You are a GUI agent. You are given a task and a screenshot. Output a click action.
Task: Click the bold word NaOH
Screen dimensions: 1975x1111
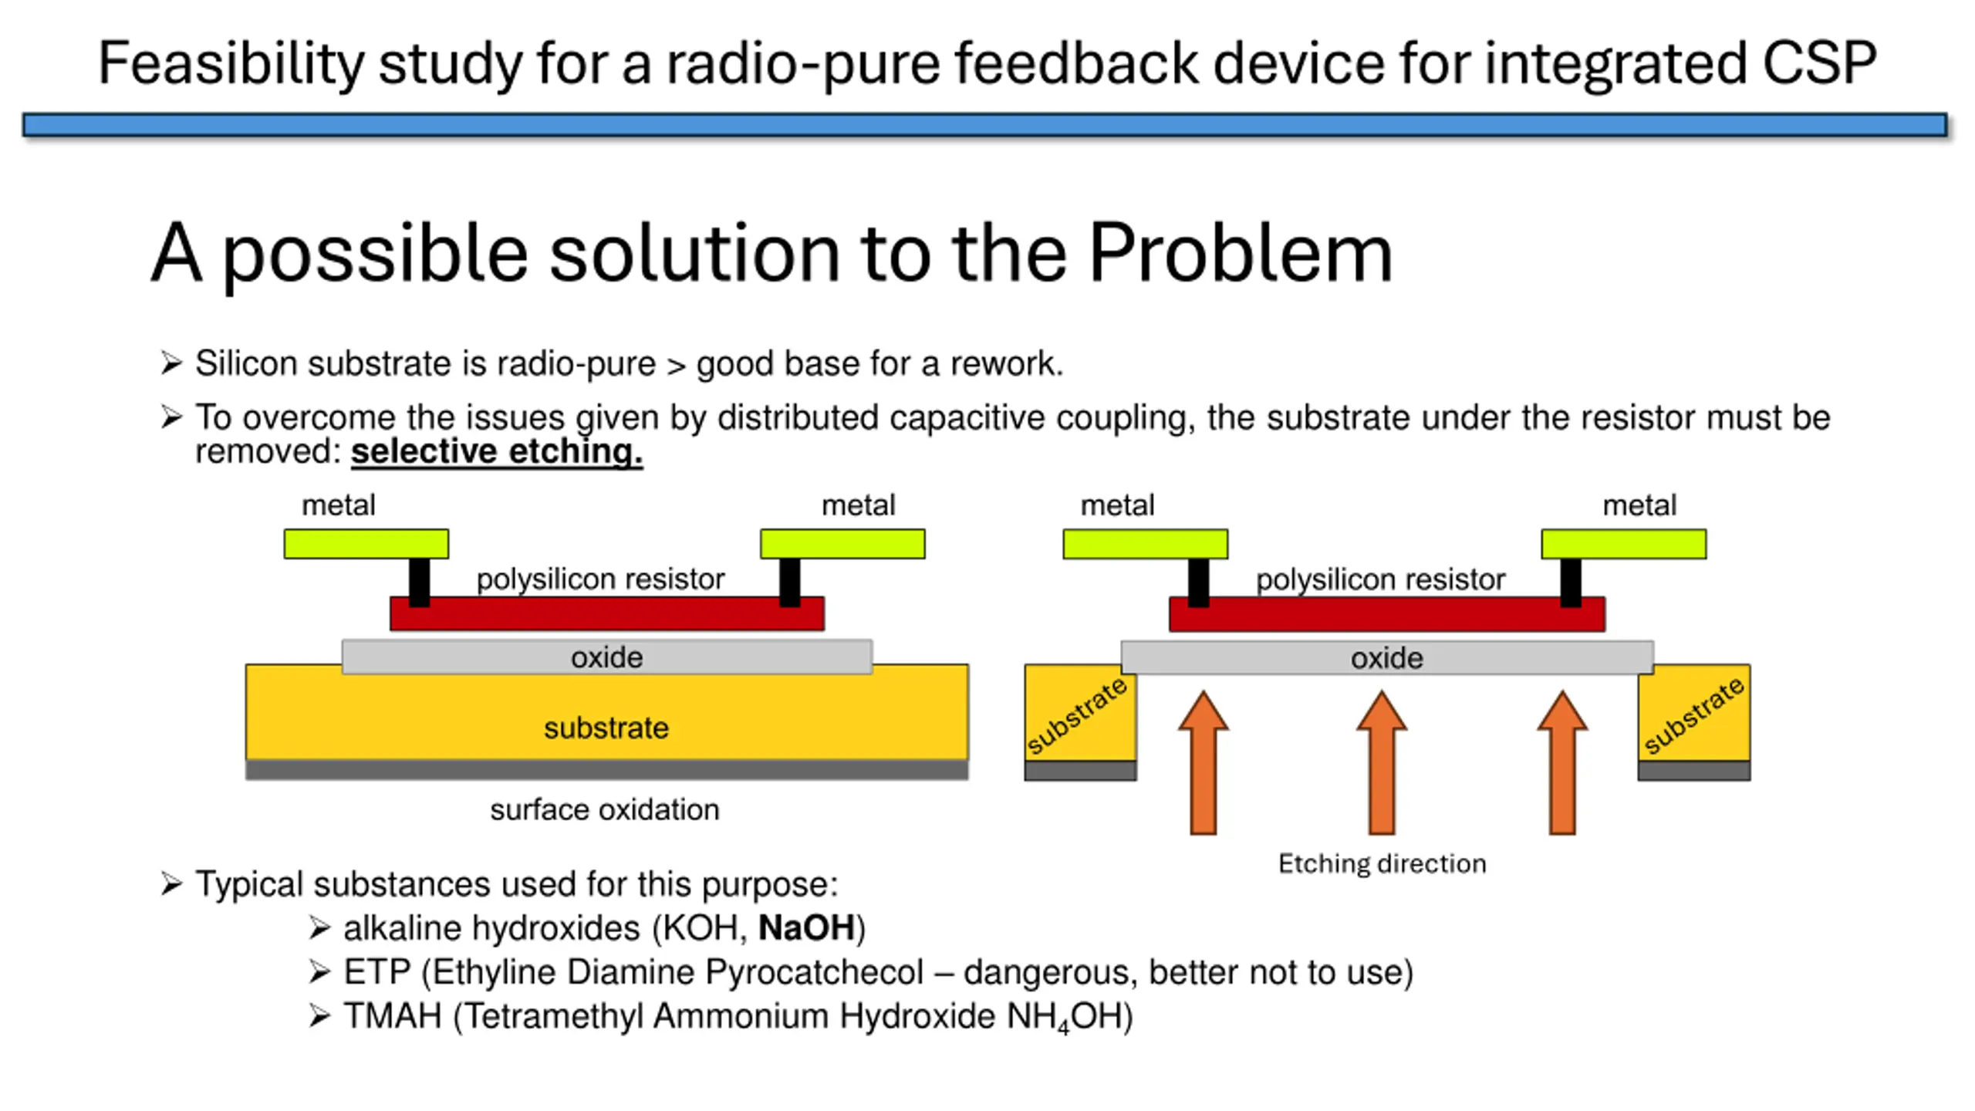point(806,928)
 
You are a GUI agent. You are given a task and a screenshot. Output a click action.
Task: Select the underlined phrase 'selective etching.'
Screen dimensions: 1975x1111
point(497,451)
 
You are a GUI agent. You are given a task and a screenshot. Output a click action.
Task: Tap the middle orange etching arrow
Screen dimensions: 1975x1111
point(1382,762)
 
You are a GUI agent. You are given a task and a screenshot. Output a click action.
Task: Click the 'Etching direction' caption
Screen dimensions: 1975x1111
point(1382,863)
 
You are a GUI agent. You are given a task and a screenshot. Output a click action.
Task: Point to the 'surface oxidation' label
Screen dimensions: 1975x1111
point(605,810)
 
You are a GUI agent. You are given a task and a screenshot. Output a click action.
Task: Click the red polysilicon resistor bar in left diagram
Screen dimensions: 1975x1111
point(607,613)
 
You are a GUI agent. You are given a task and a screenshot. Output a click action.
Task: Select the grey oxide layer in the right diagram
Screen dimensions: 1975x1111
point(1387,657)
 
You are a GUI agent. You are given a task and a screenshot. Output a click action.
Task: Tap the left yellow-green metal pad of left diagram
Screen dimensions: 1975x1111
point(366,544)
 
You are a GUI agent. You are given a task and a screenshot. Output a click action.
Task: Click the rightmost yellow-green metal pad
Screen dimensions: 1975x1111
point(1624,544)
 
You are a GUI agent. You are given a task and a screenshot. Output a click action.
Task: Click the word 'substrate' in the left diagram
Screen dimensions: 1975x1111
point(606,728)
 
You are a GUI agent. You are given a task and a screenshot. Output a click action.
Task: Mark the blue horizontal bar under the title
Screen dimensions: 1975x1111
point(985,125)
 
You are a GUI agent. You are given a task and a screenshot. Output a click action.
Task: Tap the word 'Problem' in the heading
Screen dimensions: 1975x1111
point(1241,253)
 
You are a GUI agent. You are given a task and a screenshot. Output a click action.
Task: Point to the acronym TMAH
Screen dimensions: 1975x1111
point(393,1016)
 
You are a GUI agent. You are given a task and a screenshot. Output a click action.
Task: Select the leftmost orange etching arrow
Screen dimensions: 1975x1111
point(1204,762)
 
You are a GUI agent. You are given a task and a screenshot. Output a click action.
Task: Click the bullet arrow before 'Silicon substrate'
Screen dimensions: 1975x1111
point(171,363)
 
